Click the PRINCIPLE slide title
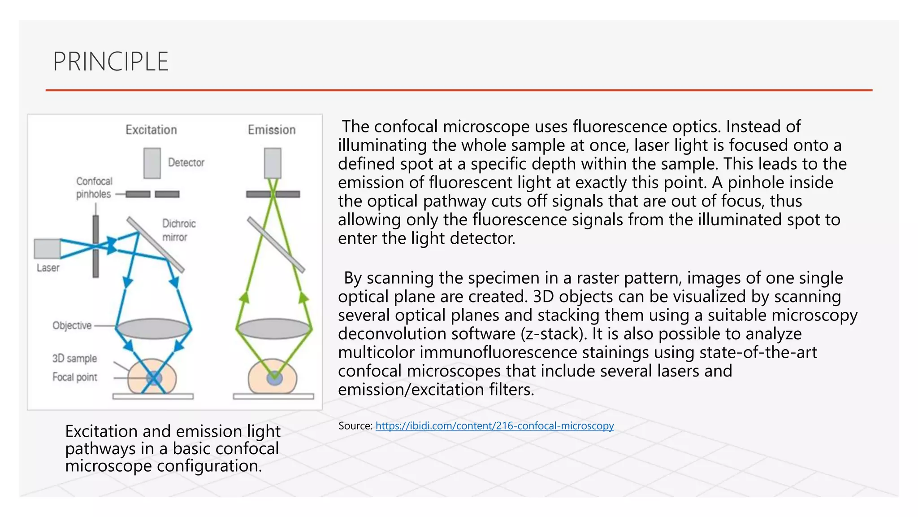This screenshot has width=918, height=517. click(x=111, y=61)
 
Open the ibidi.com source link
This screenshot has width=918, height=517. click(x=494, y=425)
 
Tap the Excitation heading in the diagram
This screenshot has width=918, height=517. click(x=151, y=130)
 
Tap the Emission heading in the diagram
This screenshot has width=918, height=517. click(x=272, y=130)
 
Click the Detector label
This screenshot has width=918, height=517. click(x=186, y=162)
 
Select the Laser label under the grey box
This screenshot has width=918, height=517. click(x=48, y=268)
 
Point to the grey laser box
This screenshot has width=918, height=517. click(x=47, y=249)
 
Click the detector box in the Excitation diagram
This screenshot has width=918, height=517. click(x=152, y=163)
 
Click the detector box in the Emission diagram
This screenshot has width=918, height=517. click(x=273, y=163)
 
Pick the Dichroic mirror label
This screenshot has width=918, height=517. click(x=178, y=230)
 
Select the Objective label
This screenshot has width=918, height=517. click(x=72, y=325)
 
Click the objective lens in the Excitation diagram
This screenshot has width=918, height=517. click(x=153, y=329)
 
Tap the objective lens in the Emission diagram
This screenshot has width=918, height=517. click(x=274, y=329)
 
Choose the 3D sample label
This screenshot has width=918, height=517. click(x=74, y=359)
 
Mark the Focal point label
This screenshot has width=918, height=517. click(x=74, y=377)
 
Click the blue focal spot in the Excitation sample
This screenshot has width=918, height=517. click(x=154, y=378)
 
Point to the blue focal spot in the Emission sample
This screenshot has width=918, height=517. click(x=274, y=378)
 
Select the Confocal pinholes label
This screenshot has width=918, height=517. click(x=94, y=188)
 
